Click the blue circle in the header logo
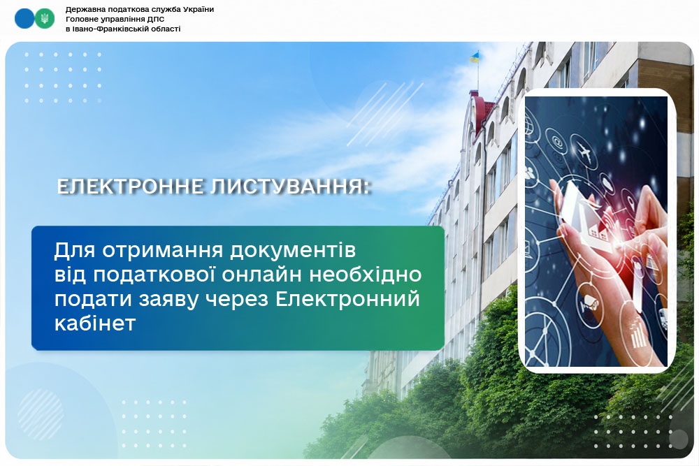(24, 19)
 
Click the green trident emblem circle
(45, 19)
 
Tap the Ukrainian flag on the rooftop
(475, 57)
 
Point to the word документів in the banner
(293, 250)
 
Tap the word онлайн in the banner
(263, 275)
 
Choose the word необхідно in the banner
(366, 275)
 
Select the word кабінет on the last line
(95, 323)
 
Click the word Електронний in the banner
(347, 299)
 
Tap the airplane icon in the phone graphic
(586, 152)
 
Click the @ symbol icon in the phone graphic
(557, 142)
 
